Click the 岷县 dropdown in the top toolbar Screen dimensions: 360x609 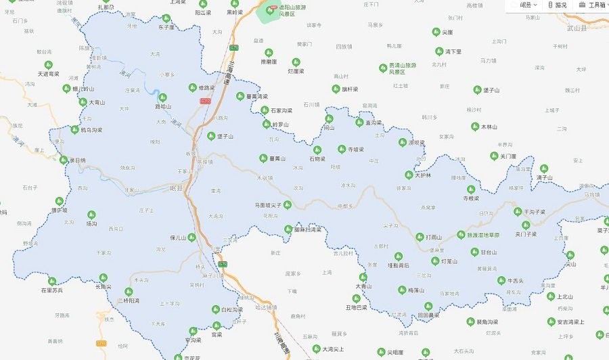click(528, 5)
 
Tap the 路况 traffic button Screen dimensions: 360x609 click(558, 5)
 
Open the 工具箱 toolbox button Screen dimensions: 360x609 click(591, 5)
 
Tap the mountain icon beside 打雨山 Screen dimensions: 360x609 click(420, 237)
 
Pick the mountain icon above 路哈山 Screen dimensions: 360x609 click(162, 97)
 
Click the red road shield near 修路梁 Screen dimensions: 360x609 click(205, 101)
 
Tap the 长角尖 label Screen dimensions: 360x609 click(103, 286)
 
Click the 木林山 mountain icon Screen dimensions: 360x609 click(476, 127)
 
